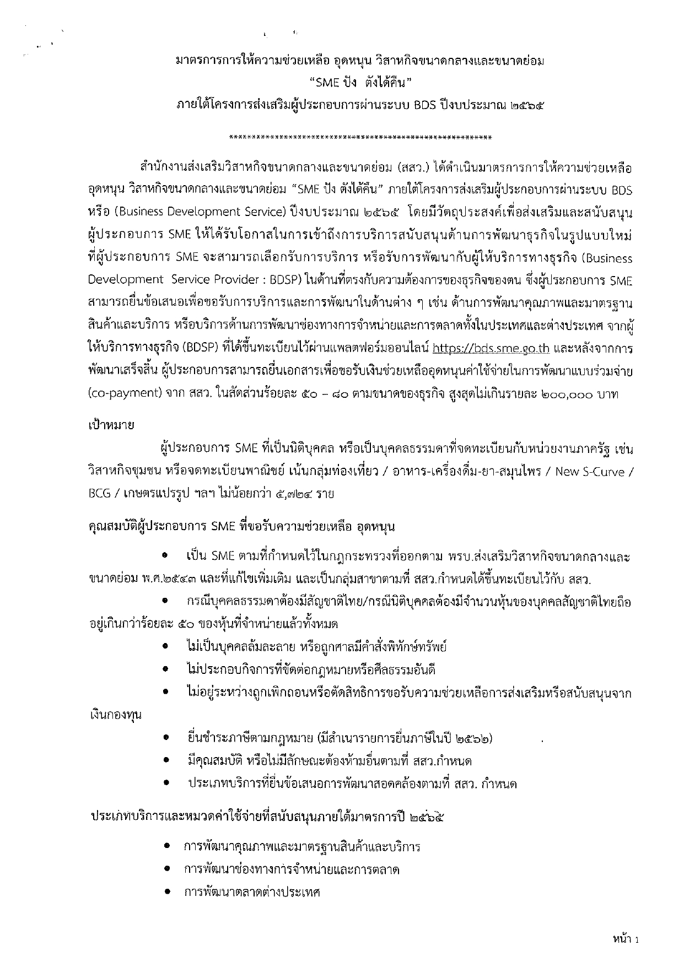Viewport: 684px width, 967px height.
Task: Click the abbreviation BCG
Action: coord(100,493)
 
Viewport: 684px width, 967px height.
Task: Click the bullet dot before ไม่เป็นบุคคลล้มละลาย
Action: coord(165,647)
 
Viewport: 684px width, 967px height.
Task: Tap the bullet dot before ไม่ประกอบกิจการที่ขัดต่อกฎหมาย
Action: coord(165,670)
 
